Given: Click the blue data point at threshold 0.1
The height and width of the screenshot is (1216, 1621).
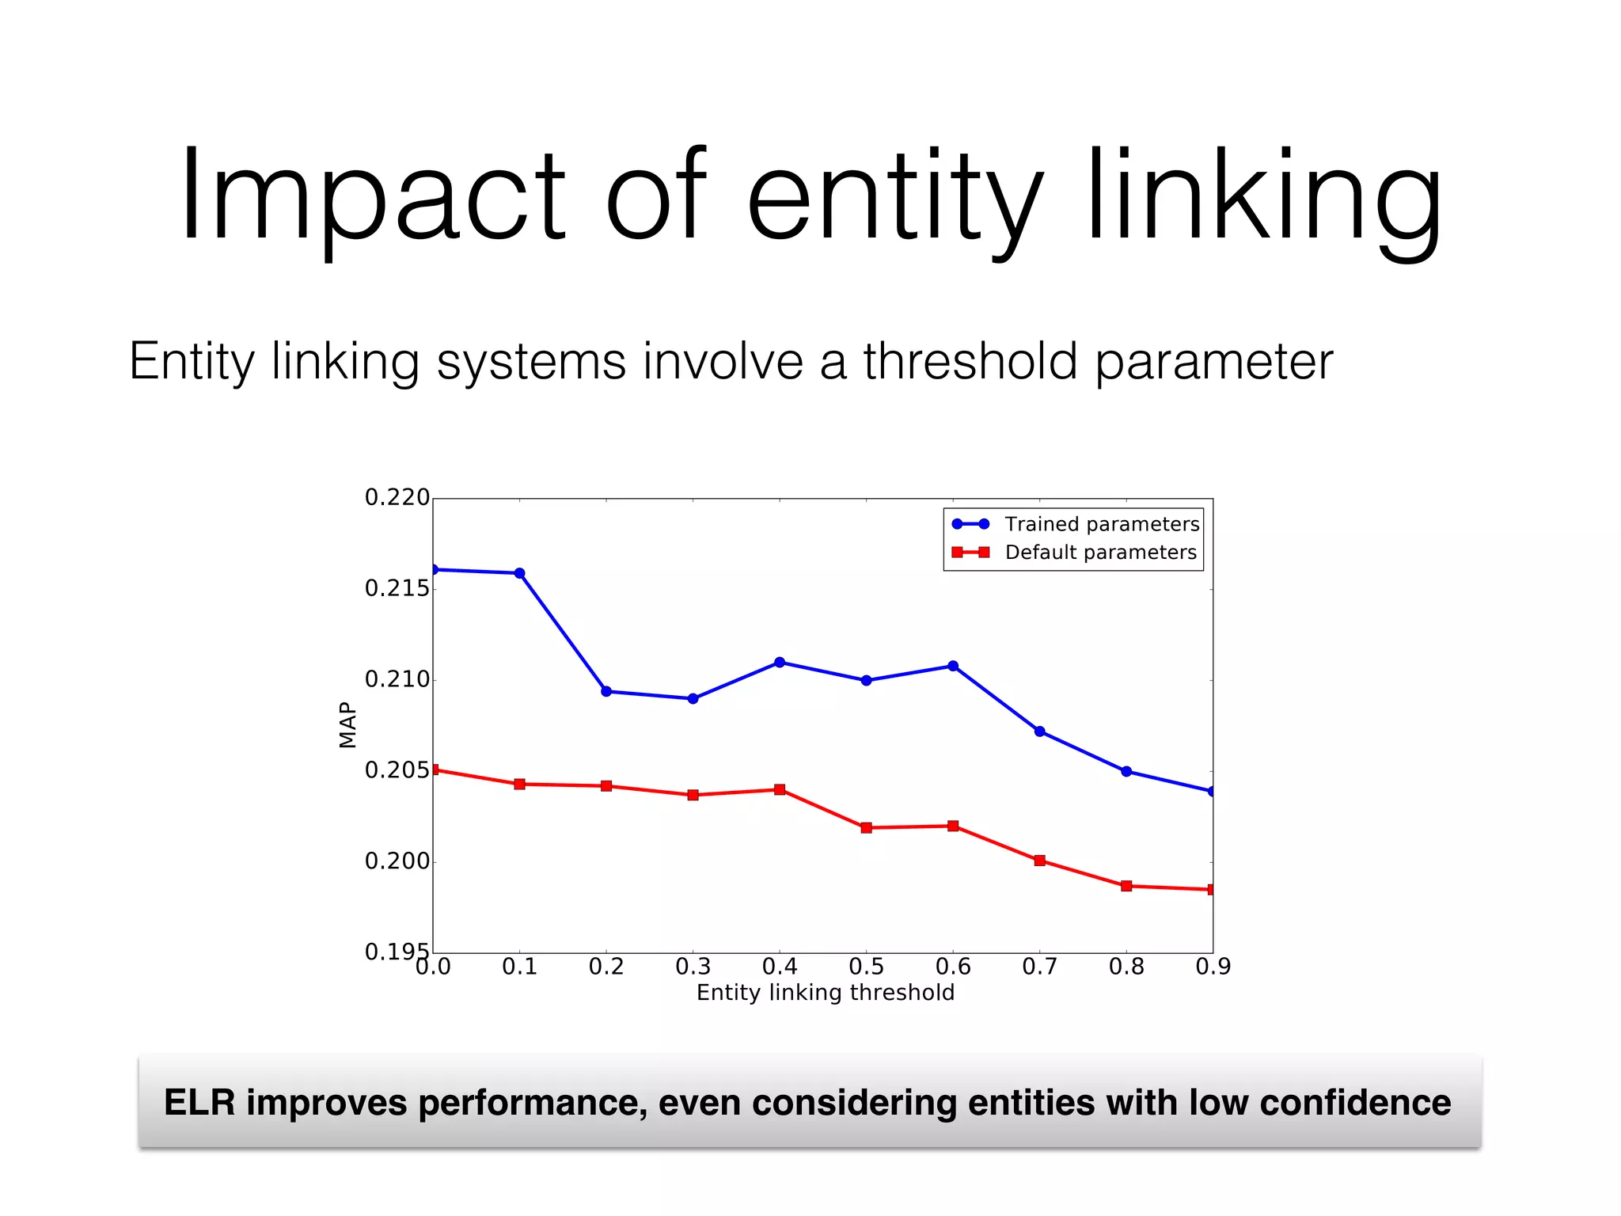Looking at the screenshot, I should (x=519, y=573).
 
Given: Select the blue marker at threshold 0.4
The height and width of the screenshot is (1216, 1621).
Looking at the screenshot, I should (x=780, y=662).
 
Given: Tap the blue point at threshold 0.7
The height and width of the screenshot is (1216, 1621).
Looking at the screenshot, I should (x=1039, y=731).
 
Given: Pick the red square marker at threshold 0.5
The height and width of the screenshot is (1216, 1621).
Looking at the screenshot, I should (x=866, y=827).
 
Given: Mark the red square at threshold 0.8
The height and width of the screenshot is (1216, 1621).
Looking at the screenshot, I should (x=1126, y=886).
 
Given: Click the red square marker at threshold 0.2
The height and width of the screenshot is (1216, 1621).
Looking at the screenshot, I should (x=606, y=786).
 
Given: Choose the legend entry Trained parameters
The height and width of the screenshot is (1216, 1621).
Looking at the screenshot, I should (x=1102, y=524).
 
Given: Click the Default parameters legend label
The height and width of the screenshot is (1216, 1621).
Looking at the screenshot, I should (x=1100, y=552).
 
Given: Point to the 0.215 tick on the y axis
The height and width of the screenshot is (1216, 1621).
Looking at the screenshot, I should (x=397, y=588).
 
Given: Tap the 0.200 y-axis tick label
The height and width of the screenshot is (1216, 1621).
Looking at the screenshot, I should (x=397, y=861).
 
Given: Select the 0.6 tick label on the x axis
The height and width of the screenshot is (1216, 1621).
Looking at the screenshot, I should (x=953, y=967).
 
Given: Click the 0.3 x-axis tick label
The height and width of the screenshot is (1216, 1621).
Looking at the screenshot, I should (x=693, y=967).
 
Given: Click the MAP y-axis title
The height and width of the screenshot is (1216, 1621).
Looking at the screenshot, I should (x=347, y=724).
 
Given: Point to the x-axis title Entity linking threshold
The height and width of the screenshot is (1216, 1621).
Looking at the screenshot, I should (x=825, y=993).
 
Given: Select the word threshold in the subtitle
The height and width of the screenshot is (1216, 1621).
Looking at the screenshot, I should (x=970, y=362).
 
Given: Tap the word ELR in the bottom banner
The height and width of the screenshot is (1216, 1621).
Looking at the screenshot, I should (x=199, y=1103).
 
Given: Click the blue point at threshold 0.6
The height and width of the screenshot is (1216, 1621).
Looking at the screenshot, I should (x=953, y=666).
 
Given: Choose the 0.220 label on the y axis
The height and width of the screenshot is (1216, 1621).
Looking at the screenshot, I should (x=397, y=497).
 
